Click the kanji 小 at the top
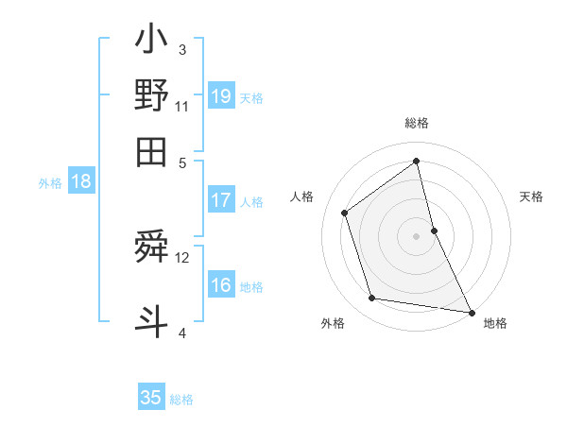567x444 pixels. tap(151, 43)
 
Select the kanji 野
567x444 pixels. tap(151, 95)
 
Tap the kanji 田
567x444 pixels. tap(151, 151)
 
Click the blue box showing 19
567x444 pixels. tap(221, 96)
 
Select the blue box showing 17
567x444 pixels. tap(221, 200)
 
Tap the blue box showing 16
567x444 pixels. tap(221, 286)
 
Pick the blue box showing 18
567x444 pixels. tap(81, 182)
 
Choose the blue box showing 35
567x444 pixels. tap(151, 398)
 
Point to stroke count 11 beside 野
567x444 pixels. tap(182, 106)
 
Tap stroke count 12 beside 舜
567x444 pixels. tap(182, 257)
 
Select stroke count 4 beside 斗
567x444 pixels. tap(181, 332)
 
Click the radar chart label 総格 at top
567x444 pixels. tap(417, 124)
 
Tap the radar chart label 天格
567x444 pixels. tap(531, 196)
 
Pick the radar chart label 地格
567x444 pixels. tap(495, 323)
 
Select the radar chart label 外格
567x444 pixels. tap(333, 323)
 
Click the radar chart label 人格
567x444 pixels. tap(302, 196)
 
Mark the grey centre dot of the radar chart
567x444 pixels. tap(417, 235)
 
